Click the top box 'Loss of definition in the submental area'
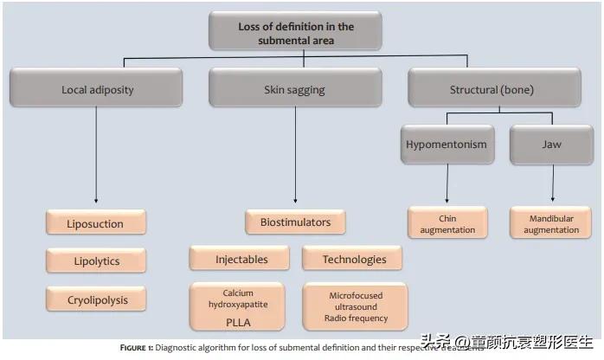coord(296,32)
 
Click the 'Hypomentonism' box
coord(446,145)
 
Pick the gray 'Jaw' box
coord(551,145)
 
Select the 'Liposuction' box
coord(95,223)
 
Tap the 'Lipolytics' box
coord(95,260)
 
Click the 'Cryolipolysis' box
coord(95,299)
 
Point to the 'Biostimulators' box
coord(295,222)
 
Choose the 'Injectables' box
coord(241,259)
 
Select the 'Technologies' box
coord(354,259)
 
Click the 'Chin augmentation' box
coord(447,224)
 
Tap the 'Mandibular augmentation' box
coord(552,224)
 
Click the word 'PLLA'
coord(238,321)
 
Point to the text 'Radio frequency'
coord(355,318)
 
